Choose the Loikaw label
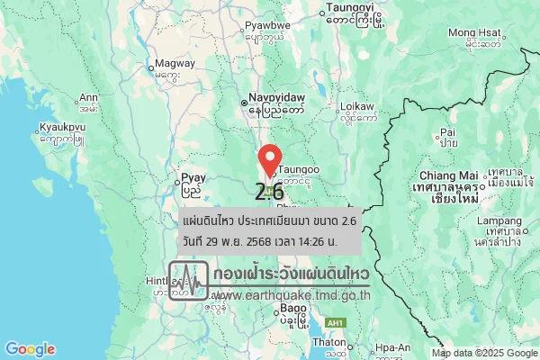pos(357,106)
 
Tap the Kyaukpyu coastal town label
pos(62,128)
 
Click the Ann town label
pos(88,97)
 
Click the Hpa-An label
pos(393,347)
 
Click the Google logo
pos(30,349)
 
